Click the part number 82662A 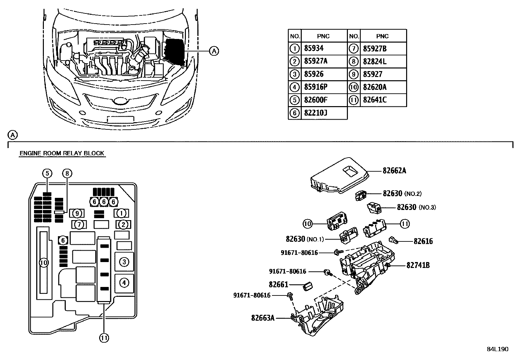(x=394, y=171)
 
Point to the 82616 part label (x=423, y=241)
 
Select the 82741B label (x=418, y=265)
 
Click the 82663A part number (x=263, y=318)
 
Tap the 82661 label (x=278, y=285)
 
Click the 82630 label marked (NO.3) (x=407, y=207)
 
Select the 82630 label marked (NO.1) (x=295, y=239)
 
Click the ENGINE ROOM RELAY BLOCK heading (x=62, y=153)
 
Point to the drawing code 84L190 (x=497, y=349)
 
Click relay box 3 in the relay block (x=124, y=262)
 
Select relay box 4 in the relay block (x=124, y=283)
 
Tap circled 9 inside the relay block (x=77, y=214)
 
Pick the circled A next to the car (x=214, y=51)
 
